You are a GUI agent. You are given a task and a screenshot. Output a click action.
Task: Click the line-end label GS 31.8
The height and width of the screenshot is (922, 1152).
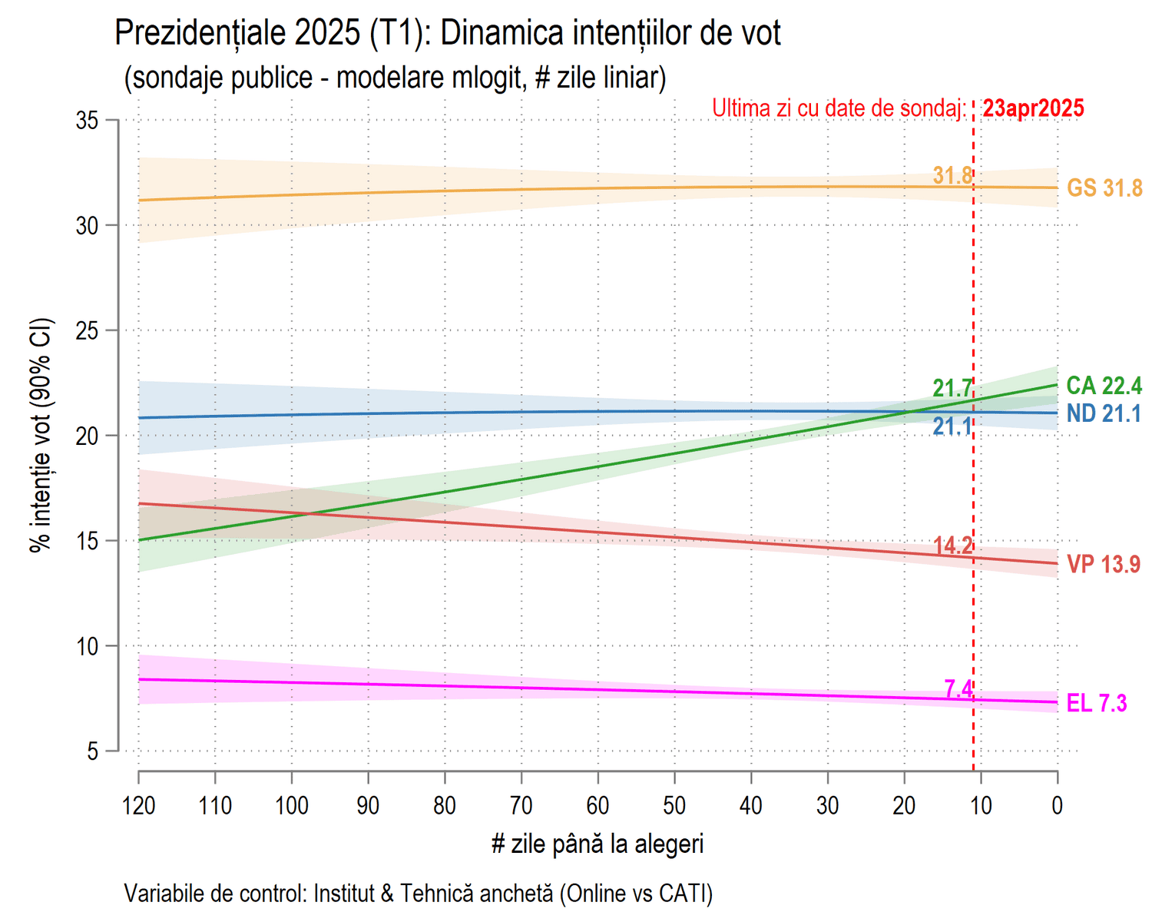[x=1104, y=187]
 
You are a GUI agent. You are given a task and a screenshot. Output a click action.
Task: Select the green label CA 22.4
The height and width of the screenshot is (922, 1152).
[x=1104, y=385]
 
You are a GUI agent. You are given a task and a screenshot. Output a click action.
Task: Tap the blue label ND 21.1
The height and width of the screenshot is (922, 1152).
[x=1104, y=413]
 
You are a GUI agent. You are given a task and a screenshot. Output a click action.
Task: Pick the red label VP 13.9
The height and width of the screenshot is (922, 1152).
[x=1104, y=564]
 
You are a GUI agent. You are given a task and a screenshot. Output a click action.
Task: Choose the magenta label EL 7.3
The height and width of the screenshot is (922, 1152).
[x=1097, y=703]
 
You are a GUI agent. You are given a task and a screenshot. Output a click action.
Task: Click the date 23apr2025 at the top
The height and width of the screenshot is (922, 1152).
[x=1033, y=108]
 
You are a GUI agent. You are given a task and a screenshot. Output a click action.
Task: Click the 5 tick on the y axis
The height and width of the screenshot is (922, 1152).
[x=93, y=751]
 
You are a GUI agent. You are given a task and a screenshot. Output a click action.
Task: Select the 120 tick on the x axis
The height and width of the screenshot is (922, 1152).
[x=139, y=805]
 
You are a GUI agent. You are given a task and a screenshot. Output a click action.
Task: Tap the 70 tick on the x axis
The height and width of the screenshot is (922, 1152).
[x=521, y=805]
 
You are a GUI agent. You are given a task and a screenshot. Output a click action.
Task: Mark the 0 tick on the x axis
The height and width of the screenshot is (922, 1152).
[x=1058, y=805]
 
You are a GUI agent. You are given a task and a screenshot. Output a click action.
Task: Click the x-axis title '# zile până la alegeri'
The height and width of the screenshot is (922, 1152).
[x=598, y=844]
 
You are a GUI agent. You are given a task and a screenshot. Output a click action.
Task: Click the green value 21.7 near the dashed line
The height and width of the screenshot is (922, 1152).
[x=952, y=388]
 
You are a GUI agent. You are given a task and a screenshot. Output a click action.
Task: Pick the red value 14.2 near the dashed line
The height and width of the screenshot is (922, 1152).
[x=952, y=546]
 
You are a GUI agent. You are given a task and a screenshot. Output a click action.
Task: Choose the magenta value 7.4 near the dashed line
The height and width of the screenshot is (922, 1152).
[x=958, y=689]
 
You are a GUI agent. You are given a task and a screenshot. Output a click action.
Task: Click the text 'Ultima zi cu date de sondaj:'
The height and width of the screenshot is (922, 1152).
[x=839, y=108]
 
